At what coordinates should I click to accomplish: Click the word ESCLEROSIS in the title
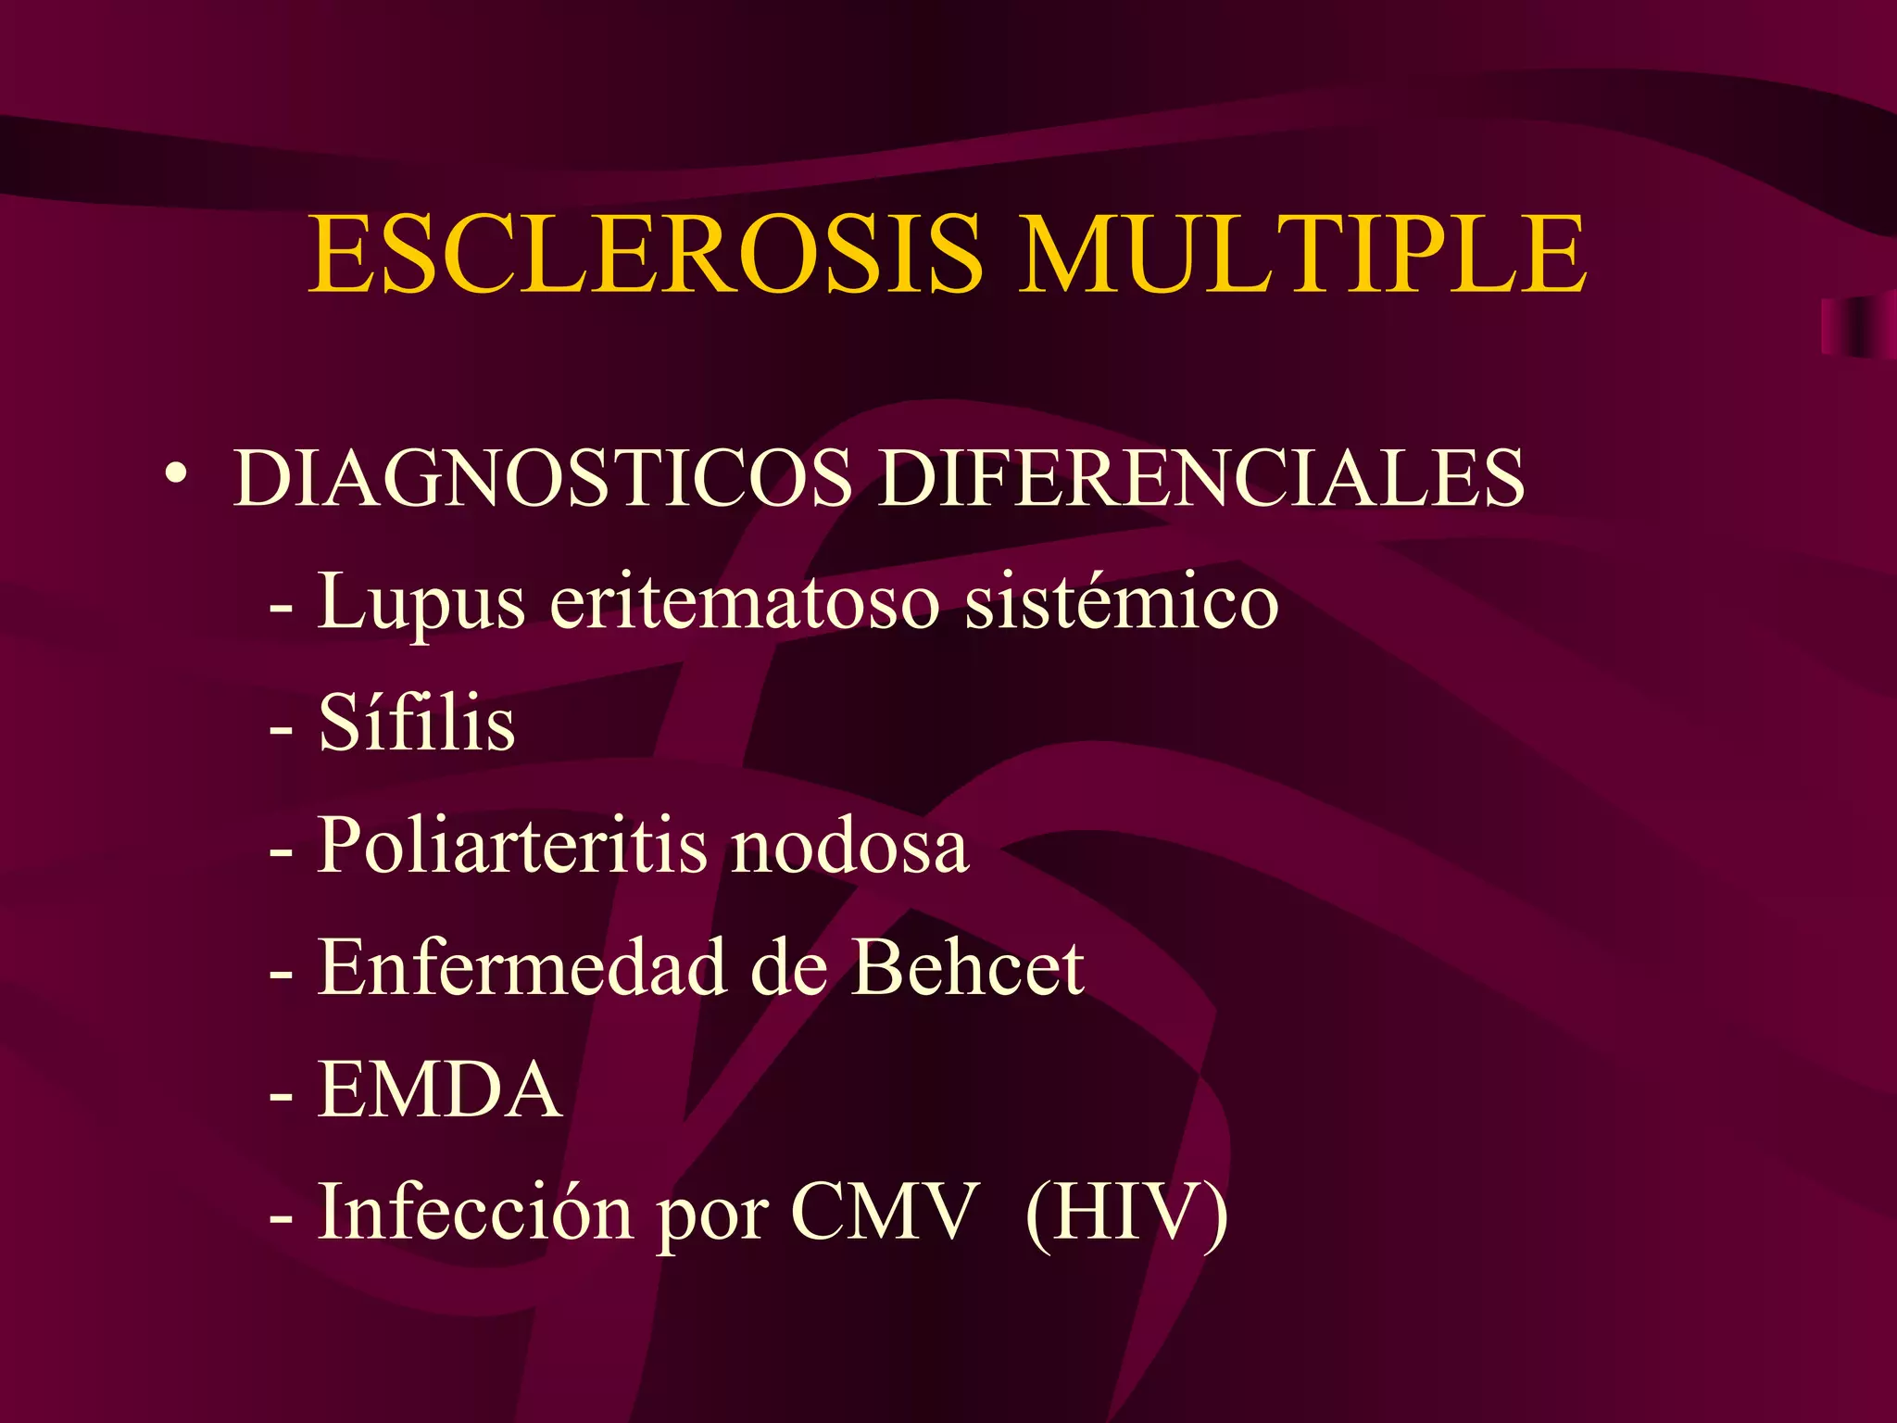coord(645,254)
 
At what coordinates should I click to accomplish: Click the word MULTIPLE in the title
coord(1302,254)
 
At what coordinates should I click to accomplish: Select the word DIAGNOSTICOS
coord(542,478)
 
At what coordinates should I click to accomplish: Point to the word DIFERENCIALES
coord(1201,478)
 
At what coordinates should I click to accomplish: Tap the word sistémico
coord(1122,602)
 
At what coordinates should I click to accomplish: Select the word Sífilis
coord(417,724)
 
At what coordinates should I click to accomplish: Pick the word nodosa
coord(849,847)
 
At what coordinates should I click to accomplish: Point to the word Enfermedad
coord(521,967)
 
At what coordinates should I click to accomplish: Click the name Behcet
coord(967,967)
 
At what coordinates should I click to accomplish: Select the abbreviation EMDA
coord(439,1089)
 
